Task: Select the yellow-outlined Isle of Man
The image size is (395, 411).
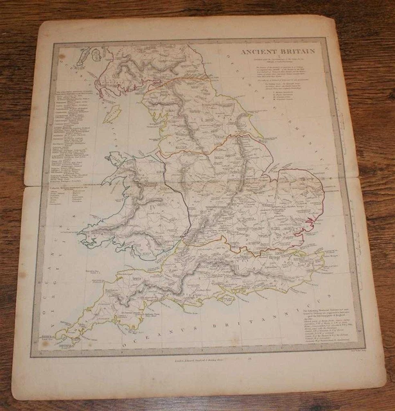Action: [113, 116]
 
